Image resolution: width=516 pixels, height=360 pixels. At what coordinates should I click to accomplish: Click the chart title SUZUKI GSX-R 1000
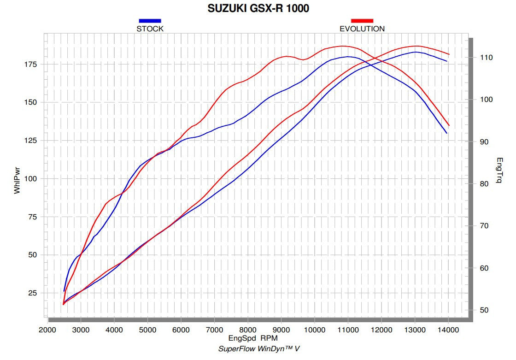coord(258,8)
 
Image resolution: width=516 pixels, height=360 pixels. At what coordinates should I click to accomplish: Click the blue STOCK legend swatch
coord(150,21)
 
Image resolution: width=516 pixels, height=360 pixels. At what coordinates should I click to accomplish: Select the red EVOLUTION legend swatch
coord(362,21)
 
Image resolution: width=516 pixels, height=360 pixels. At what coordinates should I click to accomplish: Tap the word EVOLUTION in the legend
coord(362,29)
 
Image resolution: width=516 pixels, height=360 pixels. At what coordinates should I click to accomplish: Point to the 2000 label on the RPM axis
coord(47,330)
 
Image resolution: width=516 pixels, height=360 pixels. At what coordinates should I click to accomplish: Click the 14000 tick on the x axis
coord(448,330)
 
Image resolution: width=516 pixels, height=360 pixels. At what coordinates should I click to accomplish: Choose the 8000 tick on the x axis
coord(248,330)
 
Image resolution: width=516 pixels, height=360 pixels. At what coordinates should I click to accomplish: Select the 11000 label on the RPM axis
coord(348,330)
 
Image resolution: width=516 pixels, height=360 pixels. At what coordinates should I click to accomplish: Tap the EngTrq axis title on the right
coord(500,171)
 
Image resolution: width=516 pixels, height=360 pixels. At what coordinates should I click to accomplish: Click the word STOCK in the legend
coord(150,29)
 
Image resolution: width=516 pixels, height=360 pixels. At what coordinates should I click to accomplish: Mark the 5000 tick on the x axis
coord(147,330)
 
